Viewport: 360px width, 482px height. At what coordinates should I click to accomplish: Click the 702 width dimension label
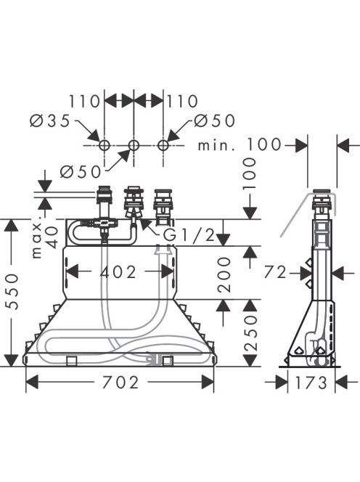click(120, 383)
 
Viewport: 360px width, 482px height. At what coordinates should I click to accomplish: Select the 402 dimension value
click(118, 272)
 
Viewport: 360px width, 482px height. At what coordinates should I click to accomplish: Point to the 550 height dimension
click(12, 293)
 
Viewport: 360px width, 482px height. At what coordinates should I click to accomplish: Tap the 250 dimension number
click(251, 333)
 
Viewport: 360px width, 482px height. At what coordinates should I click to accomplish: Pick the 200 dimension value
click(224, 274)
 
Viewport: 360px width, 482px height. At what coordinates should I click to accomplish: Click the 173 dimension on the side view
click(311, 383)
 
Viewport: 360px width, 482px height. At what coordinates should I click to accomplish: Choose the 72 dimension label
click(275, 272)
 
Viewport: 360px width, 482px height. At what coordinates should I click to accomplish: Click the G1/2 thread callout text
click(189, 235)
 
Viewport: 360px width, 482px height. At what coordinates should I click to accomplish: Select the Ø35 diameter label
click(49, 121)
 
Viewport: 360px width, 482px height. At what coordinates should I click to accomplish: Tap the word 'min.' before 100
click(217, 144)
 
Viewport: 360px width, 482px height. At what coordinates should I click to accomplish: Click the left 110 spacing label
click(84, 102)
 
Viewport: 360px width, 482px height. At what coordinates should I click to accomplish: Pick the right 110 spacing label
click(182, 102)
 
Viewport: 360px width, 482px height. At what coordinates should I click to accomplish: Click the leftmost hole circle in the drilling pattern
click(105, 145)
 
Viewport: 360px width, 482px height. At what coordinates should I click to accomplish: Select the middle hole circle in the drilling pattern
click(134, 145)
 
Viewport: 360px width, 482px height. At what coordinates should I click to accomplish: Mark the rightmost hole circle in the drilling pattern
click(163, 145)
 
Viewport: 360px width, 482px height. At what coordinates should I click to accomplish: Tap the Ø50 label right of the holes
click(215, 120)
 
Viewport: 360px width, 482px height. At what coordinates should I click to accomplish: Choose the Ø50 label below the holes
click(81, 171)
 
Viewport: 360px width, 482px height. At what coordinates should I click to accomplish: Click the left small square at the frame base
click(71, 361)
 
